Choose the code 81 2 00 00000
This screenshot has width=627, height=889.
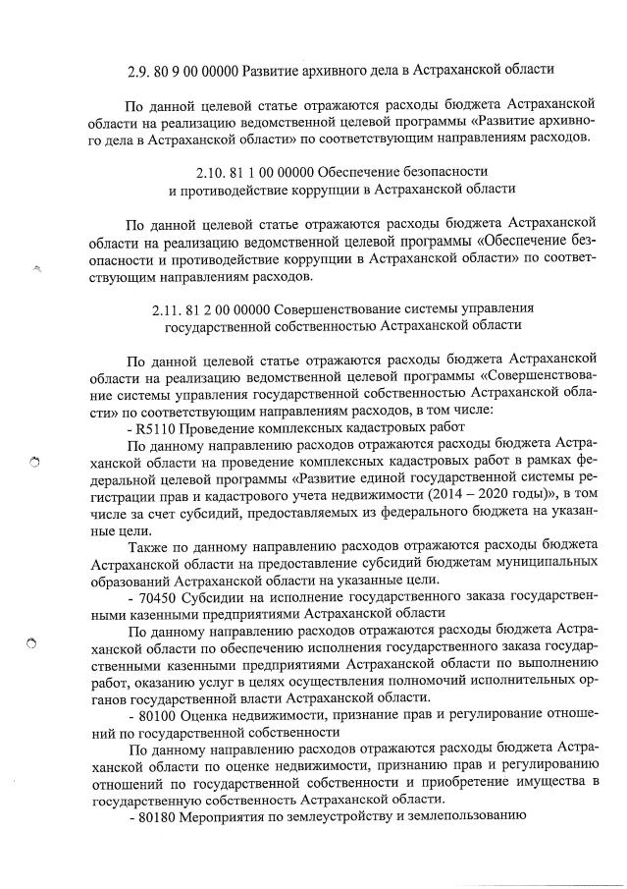[234, 311]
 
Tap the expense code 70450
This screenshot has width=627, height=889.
[157, 597]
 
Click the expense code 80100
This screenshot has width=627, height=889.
[157, 716]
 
